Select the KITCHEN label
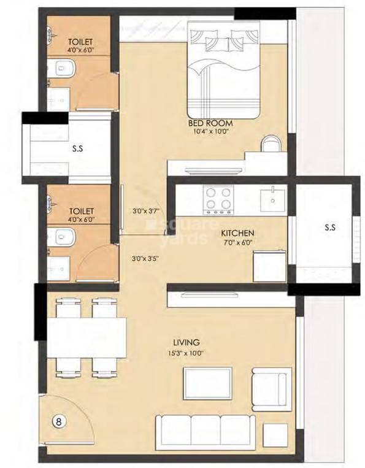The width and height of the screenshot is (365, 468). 237,234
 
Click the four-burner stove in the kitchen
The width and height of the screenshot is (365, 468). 218,198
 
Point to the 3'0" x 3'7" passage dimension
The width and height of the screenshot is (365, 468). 145,212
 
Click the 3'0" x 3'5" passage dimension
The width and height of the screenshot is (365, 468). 145,258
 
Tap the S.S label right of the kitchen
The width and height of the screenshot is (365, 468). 329,227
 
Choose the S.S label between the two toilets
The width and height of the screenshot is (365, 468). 77,148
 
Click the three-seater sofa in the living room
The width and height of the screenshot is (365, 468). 206,427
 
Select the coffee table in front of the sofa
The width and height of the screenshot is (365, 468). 207,383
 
